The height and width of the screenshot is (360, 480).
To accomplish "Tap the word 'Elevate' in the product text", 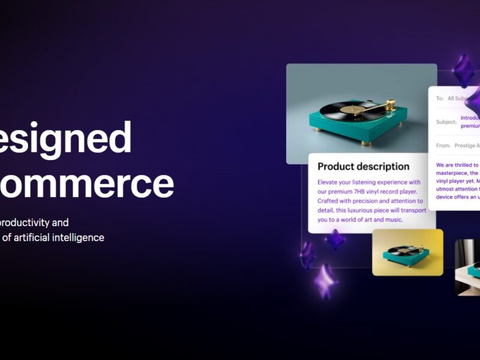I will click(x=330, y=182).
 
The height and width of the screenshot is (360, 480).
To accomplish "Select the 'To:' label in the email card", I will click(x=440, y=98).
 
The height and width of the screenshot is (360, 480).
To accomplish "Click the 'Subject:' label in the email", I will click(x=446, y=122).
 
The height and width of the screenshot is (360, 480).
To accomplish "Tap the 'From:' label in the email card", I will click(x=443, y=145).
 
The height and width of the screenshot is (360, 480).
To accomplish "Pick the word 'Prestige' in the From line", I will click(x=466, y=145).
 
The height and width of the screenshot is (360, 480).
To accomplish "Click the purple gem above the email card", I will click(x=463, y=71).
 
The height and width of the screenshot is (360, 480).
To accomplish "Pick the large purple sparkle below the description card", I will click(x=326, y=280).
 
